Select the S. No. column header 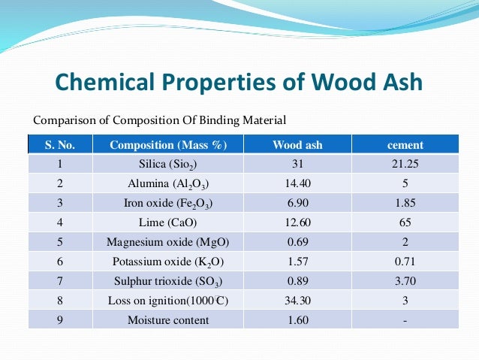(x=59, y=144)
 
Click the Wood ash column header (x=297, y=144)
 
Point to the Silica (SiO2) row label (x=167, y=163)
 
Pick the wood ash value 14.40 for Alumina (x=297, y=183)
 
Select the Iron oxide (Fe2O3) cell (x=167, y=203)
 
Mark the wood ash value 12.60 (x=297, y=222)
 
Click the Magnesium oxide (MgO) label (x=167, y=242)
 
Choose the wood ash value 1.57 (x=297, y=262)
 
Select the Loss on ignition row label (x=167, y=301)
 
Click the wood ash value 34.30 (x=297, y=301)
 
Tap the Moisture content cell (x=167, y=320)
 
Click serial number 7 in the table (x=59, y=281)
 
